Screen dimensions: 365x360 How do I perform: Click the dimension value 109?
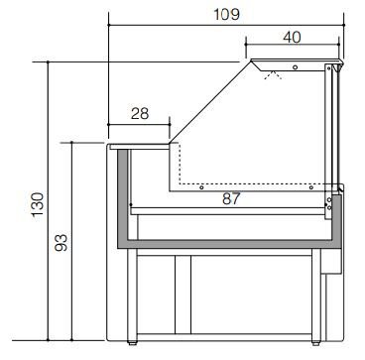[226, 14]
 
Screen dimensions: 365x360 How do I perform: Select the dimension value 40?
[292, 37]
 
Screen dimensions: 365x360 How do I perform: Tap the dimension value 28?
[140, 113]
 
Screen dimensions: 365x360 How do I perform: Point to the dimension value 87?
[231, 198]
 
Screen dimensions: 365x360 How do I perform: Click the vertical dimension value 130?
[38, 204]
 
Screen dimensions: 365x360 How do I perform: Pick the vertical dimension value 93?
[61, 242]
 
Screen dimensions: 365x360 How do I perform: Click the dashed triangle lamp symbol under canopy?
[273, 75]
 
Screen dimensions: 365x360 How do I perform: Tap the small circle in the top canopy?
[295, 67]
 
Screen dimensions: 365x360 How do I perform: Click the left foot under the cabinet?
[132, 343]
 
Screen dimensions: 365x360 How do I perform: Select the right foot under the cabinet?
[315, 343]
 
